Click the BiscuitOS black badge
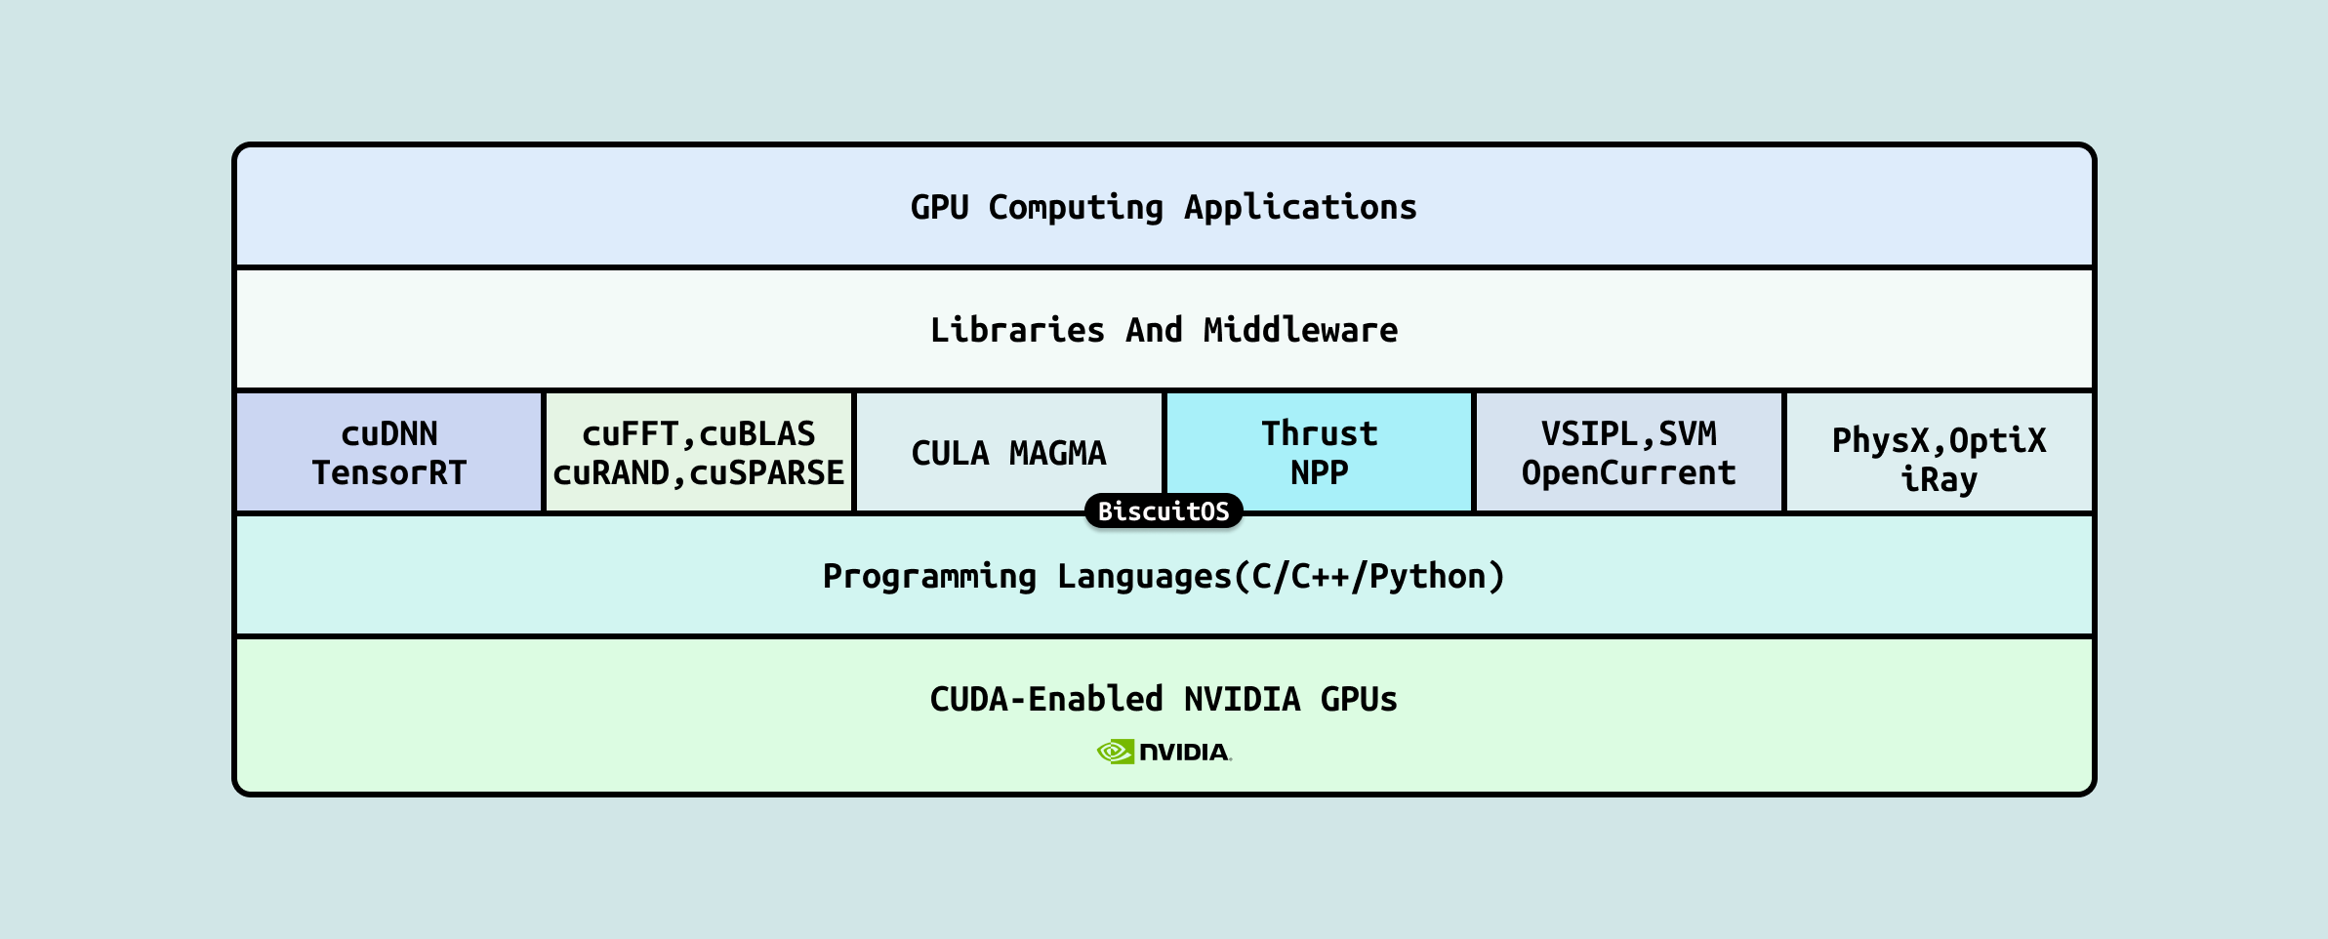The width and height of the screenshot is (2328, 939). pyautogui.click(x=1164, y=510)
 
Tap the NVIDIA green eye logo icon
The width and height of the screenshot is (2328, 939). pyautogui.click(x=1115, y=752)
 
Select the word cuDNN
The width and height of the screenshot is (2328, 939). pyautogui.click(x=388, y=433)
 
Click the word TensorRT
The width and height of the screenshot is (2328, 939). pyautogui.click(x=388, y=473)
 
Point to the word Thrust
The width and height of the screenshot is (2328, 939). pyautogui.click(x=1319, y=433)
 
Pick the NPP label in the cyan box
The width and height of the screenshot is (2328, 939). pyautogui.click(x=1319, y=473)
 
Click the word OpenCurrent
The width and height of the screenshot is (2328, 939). pyautogui.click(x=1628, y=473)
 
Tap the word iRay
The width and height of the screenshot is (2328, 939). pyautogui.click(x=1939, y=480)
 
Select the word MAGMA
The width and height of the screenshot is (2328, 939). pyautogui.click(x=1057, y=453)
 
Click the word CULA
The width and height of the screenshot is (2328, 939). pyautogui.click(x=950, y=453)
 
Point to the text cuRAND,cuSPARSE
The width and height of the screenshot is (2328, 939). pyautogui.click(x=698, y=473)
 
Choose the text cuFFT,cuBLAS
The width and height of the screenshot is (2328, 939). pyautogui.click(x=698, y=433)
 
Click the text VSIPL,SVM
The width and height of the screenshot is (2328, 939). pyautogui.click(x=1628, y=433)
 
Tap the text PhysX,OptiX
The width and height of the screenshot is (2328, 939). pyautogui.click(x=1939, y=440)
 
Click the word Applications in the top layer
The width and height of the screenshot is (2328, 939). pyautogui.click(x=1300, y=207)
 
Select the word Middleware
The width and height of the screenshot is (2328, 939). pyautogui.click(x=1300, y=330)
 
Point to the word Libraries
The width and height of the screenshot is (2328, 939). pyautogui.click(x=1017, y=330)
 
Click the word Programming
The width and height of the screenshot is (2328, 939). pyautogui.click(x=929, y=576)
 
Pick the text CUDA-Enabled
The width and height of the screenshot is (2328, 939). pyautogui.click(x=1046, y=699)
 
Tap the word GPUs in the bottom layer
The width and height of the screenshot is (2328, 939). pyautogui.click(x=1359, y=699)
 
